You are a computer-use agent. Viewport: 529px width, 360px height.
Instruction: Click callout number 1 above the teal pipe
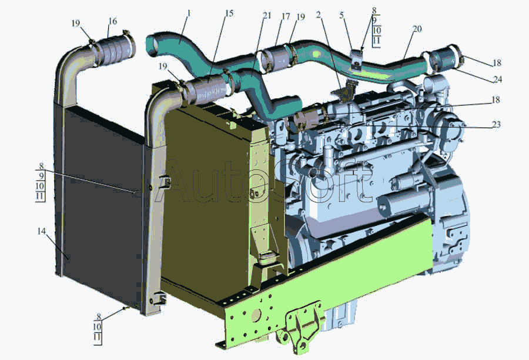pos(189,14)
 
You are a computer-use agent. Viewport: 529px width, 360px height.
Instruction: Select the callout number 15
pos(229,14)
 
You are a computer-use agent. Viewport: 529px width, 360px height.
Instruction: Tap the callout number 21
pos(267,15)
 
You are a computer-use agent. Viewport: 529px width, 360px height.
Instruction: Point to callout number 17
pos(286,16)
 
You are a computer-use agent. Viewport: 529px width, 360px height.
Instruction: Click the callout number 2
pos(319,15)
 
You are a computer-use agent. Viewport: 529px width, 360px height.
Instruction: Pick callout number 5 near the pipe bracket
pos(341,15)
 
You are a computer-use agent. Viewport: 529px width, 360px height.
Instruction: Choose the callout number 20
pos(417,29)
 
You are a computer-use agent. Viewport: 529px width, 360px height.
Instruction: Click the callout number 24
pos(497,79)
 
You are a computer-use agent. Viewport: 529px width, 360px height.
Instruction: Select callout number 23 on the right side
pos(496,125)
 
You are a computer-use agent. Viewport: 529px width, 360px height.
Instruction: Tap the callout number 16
pos(113,21)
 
